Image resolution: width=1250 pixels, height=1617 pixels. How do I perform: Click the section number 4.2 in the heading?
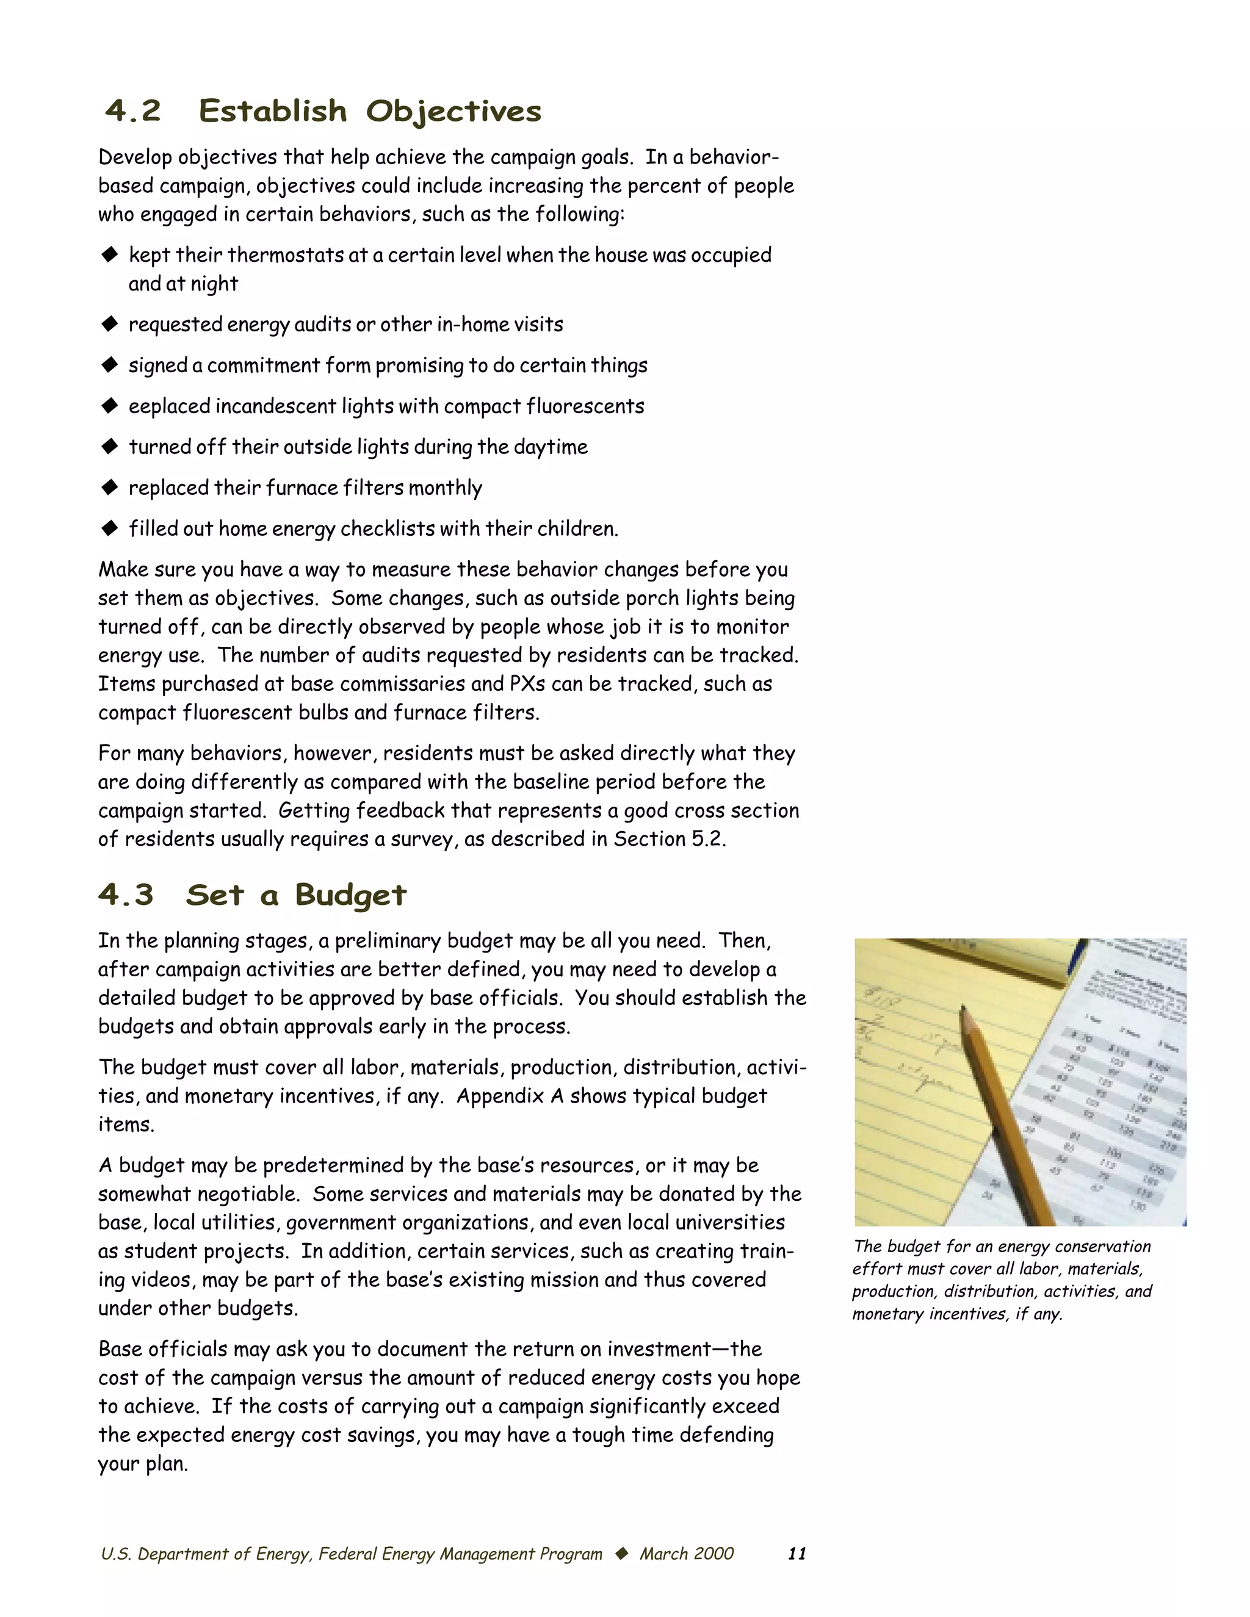[133, 111]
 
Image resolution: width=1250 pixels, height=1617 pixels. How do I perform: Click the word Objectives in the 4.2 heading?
[453, 112]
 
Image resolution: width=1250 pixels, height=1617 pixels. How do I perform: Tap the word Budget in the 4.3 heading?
[350, 895]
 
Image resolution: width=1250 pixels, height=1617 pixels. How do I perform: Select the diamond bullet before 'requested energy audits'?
[110, 323]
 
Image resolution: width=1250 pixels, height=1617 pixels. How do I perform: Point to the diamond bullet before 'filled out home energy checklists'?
[110, 528]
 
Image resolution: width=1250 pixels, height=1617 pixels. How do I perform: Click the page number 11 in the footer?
[797, 1554]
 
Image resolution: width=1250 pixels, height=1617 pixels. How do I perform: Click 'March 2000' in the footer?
[687, 1554]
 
